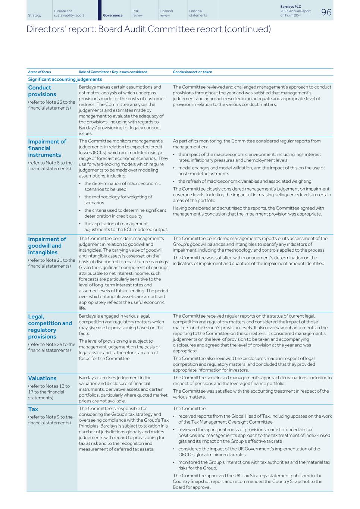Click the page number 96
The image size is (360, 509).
pos(326,12)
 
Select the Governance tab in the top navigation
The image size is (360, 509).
pos(113,16)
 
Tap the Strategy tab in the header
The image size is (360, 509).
pos(35,16)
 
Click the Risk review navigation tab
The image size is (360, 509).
pos(137,13)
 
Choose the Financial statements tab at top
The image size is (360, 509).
pos(198,13)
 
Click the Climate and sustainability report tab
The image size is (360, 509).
pos(69,13)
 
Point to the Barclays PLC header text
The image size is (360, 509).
pos(290,7)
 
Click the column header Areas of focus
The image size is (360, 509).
pos(39,72)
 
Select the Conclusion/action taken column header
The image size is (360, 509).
pos(192,72)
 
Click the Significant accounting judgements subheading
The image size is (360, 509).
pos(65,79)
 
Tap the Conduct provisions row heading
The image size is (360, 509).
pos(42,91)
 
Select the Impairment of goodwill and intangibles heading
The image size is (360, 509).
pos(47,246)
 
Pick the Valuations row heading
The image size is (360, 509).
pos(42,378)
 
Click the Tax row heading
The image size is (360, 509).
pos(33,409)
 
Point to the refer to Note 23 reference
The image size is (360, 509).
pos(51,105)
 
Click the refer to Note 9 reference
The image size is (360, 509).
pos(50,420)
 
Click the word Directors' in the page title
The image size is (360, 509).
pos(42,29)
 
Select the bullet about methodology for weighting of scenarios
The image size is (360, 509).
pos(118,199)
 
